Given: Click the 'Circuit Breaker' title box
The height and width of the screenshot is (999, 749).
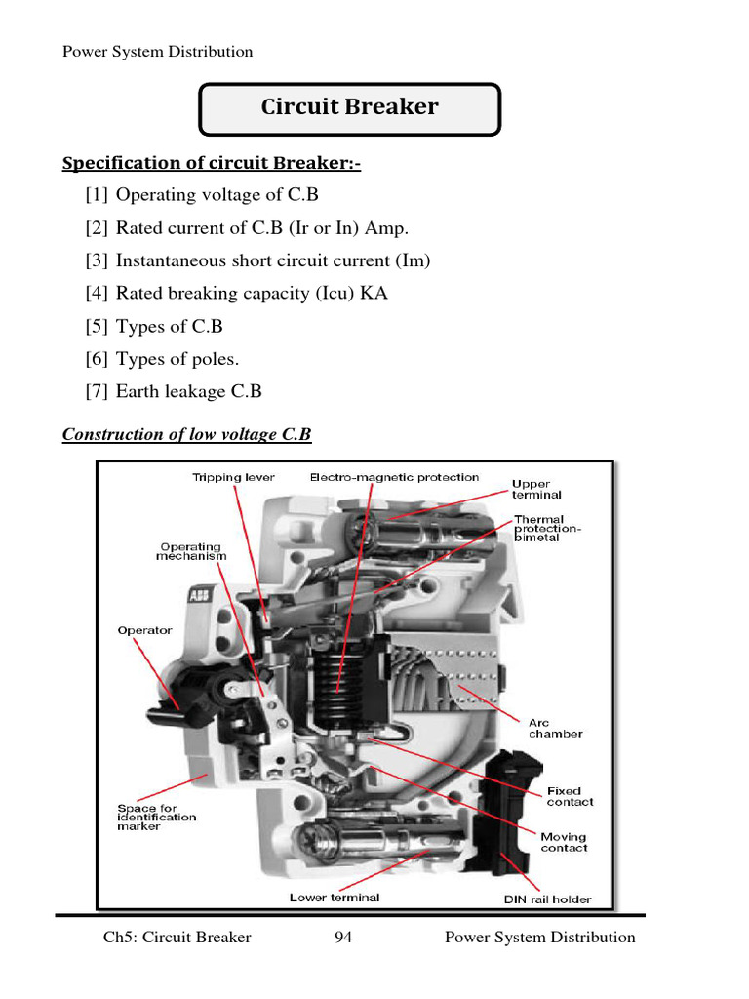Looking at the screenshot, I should click(349, 108).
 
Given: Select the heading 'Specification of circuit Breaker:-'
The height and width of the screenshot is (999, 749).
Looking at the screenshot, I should click(211, 163).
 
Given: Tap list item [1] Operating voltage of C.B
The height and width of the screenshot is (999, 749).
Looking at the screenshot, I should click(202, 195).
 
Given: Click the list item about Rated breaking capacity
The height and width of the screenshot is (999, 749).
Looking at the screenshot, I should click(236, 293).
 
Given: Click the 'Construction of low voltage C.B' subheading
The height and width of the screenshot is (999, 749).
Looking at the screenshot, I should click(186, 434).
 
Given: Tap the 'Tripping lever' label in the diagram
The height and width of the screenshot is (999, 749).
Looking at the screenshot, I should click(233, 478).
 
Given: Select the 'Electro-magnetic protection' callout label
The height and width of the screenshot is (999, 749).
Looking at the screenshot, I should click(394, 478).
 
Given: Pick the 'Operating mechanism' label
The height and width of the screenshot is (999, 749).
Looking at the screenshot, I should click(191, 551).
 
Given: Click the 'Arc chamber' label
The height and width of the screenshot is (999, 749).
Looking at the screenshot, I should click(556, 728).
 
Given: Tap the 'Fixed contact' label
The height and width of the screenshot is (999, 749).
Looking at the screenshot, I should click(570, 796).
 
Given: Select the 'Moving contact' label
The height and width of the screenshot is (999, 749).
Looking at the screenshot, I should click(564, 842).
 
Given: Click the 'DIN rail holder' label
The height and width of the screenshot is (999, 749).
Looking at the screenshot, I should click(548, 899).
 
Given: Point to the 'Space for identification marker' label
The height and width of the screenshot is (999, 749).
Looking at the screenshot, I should click(157, 817).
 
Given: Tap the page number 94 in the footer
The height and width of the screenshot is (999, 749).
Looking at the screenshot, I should click(343, 938).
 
